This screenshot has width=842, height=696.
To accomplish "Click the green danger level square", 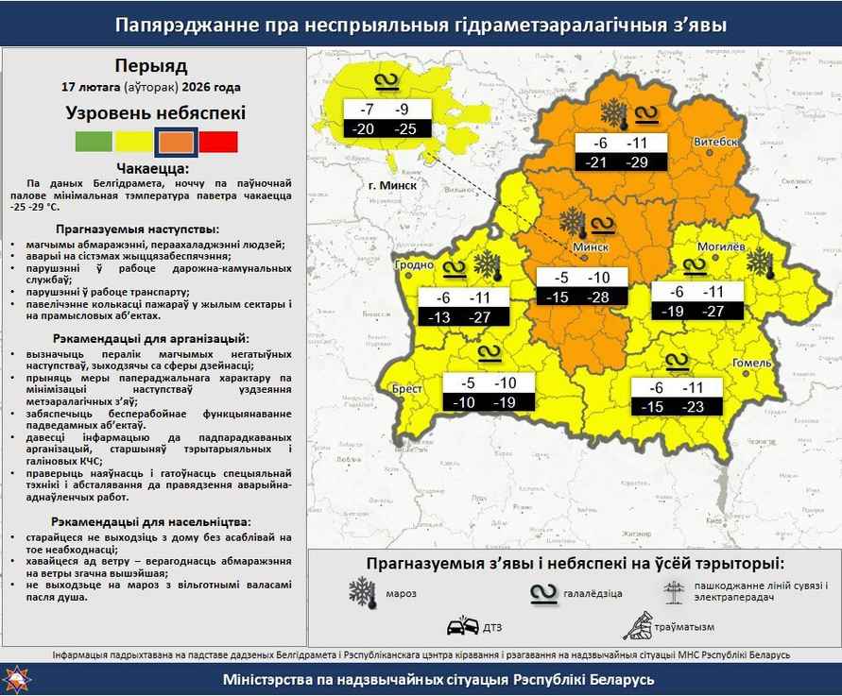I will (x=94, y=143).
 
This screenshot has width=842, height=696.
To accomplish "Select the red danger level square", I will (x=218, y=143).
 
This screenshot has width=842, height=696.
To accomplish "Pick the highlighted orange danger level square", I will (x=177, y=143).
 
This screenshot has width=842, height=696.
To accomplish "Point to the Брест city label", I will (x=406, y=388).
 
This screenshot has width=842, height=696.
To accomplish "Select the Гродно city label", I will (x=414, y=265).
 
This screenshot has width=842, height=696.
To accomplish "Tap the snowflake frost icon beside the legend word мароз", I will (x=362, y=593).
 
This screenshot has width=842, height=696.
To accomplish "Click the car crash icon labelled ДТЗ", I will (x=462, y=626).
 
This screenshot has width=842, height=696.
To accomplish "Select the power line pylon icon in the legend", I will (x=675, y=591).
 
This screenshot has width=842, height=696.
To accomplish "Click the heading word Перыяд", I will (x=151, y=66).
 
